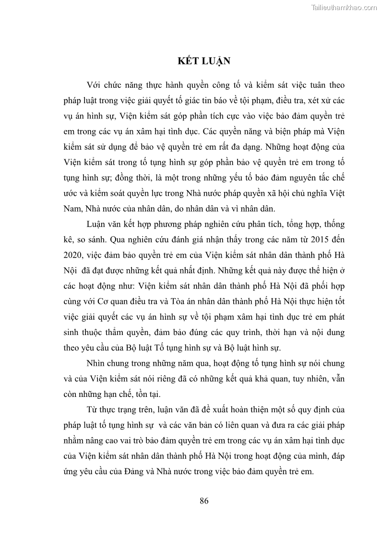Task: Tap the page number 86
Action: click(x=204, y=501)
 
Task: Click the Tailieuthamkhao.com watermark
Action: click(x=344, y=8)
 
